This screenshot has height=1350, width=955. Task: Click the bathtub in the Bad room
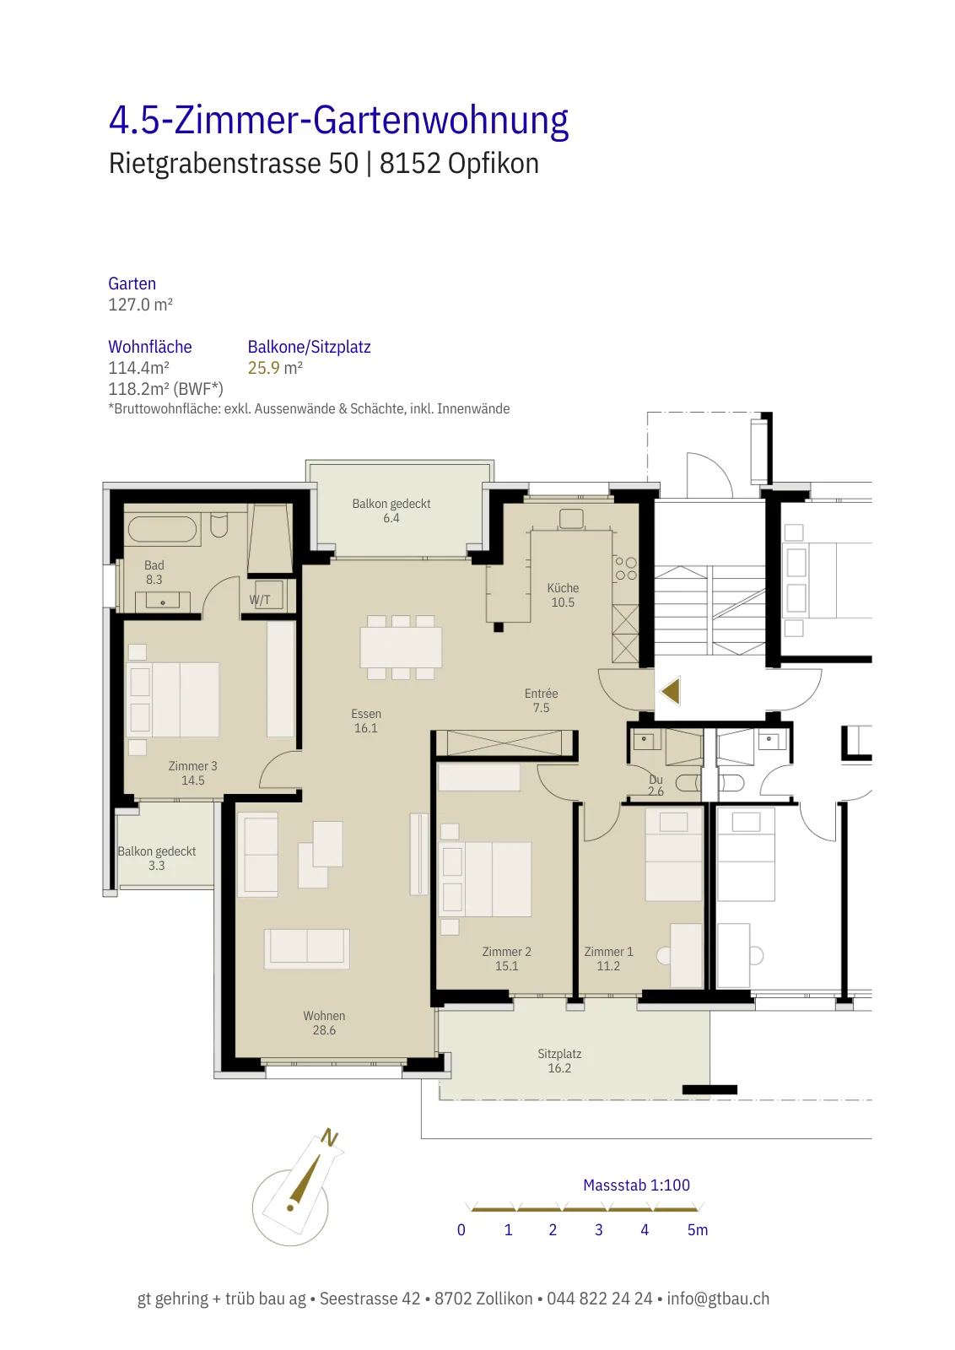coord(162,530)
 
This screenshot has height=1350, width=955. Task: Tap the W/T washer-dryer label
coord(260,600)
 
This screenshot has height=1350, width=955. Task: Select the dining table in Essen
coord(401,647)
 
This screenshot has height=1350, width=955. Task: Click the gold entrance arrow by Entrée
coord(671,691)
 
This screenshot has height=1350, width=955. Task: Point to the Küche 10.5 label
coord(563,595)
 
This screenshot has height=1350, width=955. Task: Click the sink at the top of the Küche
coord(570,518)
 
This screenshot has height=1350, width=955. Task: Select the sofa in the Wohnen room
coord(307,948)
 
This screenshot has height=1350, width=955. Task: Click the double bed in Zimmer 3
coord(174,699)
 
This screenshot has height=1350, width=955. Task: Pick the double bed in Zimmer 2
coord(488,879)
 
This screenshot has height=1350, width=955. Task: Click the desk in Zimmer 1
coord(686,955)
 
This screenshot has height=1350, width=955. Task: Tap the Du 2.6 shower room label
coord(656,786)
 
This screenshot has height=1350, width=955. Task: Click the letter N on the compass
coord(329,1137)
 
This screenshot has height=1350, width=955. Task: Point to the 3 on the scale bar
coord(598,1229)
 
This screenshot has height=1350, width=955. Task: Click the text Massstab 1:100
coord(636,1185)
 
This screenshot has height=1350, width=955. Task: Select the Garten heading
coord(132,283)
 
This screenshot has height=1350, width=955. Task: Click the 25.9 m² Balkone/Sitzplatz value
coord(275,368)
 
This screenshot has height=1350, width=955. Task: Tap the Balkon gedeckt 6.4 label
coord(391,510)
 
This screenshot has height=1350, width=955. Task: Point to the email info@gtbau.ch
coord(718,1299)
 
